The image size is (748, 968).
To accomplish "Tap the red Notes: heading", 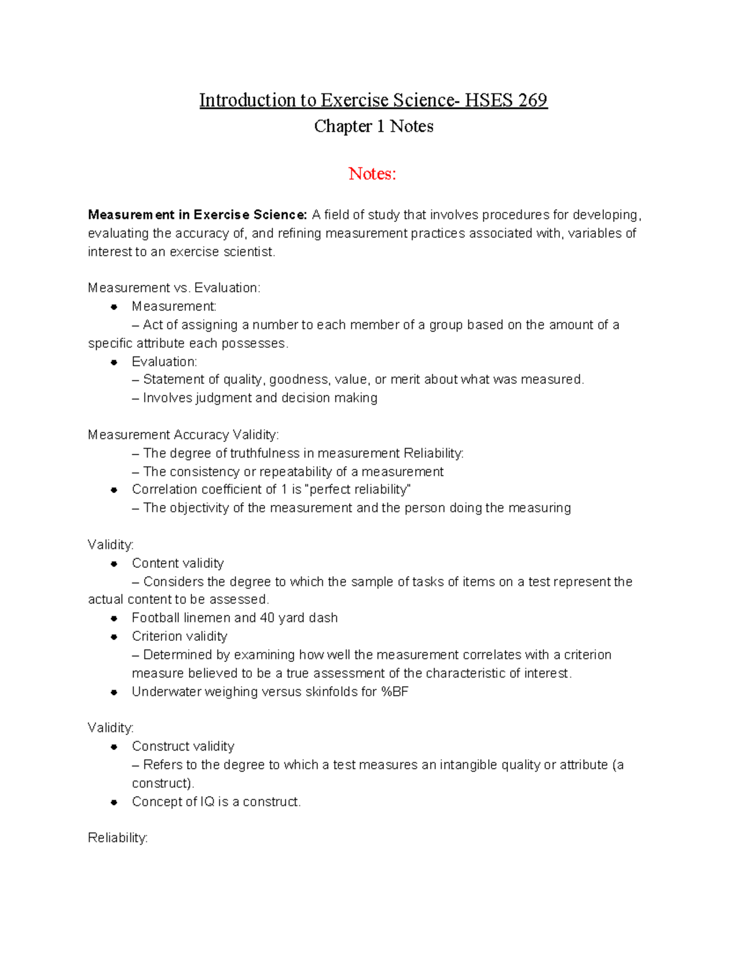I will (x=372, y=174).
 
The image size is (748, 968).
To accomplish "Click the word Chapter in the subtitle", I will (x=343, y=127).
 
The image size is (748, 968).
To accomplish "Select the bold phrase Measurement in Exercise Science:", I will (x=198, y=215).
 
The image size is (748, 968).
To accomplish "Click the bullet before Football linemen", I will (x=114, y=618).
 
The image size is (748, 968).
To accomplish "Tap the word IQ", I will (x=208, y=802).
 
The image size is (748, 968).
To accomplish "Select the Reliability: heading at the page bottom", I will (x=118, y=838).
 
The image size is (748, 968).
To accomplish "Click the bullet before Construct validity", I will (x=114, y=747).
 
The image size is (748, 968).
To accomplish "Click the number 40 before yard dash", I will (x=267, y=618).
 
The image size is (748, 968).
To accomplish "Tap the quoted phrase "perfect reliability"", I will (x=358, y=490).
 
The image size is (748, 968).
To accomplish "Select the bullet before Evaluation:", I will (x=114, y=362).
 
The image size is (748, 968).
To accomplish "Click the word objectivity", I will (x=199, y=508).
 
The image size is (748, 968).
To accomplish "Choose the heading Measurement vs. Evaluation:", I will (x=174, y=288).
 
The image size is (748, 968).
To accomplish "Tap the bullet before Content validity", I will (x=114, y=563).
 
